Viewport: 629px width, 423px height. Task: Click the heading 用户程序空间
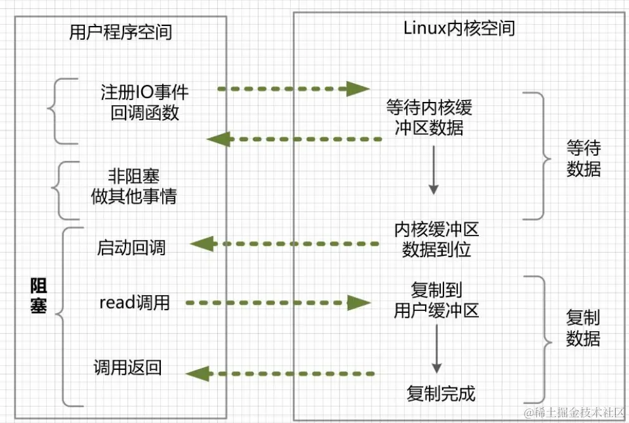pyautogui.click(x=120, y=32)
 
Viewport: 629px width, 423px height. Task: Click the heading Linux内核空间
pyautogui.click(x=459, y=28)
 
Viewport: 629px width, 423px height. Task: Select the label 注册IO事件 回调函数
pyautogui.click(x=144, y=102)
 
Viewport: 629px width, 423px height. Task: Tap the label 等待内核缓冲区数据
pyautogui.click(x=429, y=117)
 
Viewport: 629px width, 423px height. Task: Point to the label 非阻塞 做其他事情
pyautogui.click(x=134, y=186)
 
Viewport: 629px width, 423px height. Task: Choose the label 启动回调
pyautogui.click(x=131, y=247)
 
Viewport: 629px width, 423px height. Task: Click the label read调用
pyautogui.click(x=135, y=303)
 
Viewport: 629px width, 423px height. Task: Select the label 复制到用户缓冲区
pyautogui.click(x=436, y=300)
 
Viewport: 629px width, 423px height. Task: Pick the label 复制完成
pyautogui.click(x=440, y=393)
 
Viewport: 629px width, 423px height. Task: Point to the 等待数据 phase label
pyautogui.click(x=583, y=159)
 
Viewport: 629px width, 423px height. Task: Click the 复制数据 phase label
pyautogui.click(x=583, y=328)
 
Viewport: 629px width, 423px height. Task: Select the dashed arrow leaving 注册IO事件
pyautogui.click(x=293, y=89)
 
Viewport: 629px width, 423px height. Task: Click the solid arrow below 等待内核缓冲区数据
pyautogui.click(x=433, y=170)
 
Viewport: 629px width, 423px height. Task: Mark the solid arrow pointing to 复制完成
pyautogui.click(x=436, y=355)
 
